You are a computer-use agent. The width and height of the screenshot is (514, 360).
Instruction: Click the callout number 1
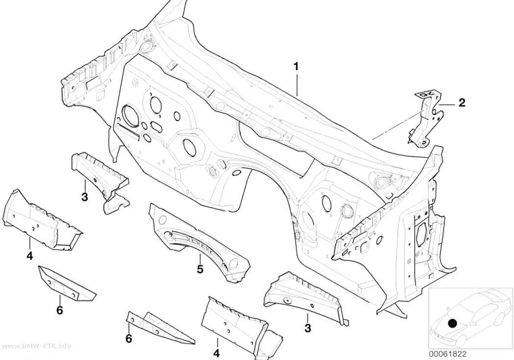point(296,67)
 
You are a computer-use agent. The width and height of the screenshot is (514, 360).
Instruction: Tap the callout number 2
point(462,103)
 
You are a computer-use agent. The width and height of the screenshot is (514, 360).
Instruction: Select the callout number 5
point(200,269)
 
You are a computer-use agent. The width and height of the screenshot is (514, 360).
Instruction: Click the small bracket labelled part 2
point(425,118)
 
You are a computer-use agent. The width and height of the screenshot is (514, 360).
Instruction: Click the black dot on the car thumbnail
point(452,324)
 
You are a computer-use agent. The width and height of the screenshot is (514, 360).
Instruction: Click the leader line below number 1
point(297,84)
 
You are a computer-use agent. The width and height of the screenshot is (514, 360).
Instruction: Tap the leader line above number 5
point(199,258)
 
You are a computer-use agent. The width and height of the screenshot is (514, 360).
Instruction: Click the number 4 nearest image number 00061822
point(216,353)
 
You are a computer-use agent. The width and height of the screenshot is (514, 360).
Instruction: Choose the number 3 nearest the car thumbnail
point(307,328)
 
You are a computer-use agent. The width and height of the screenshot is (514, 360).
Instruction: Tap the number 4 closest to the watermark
point(30,255)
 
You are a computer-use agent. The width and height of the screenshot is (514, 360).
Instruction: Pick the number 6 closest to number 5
point(129,338)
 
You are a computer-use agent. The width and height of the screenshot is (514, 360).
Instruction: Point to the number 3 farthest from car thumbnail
point(85,197)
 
